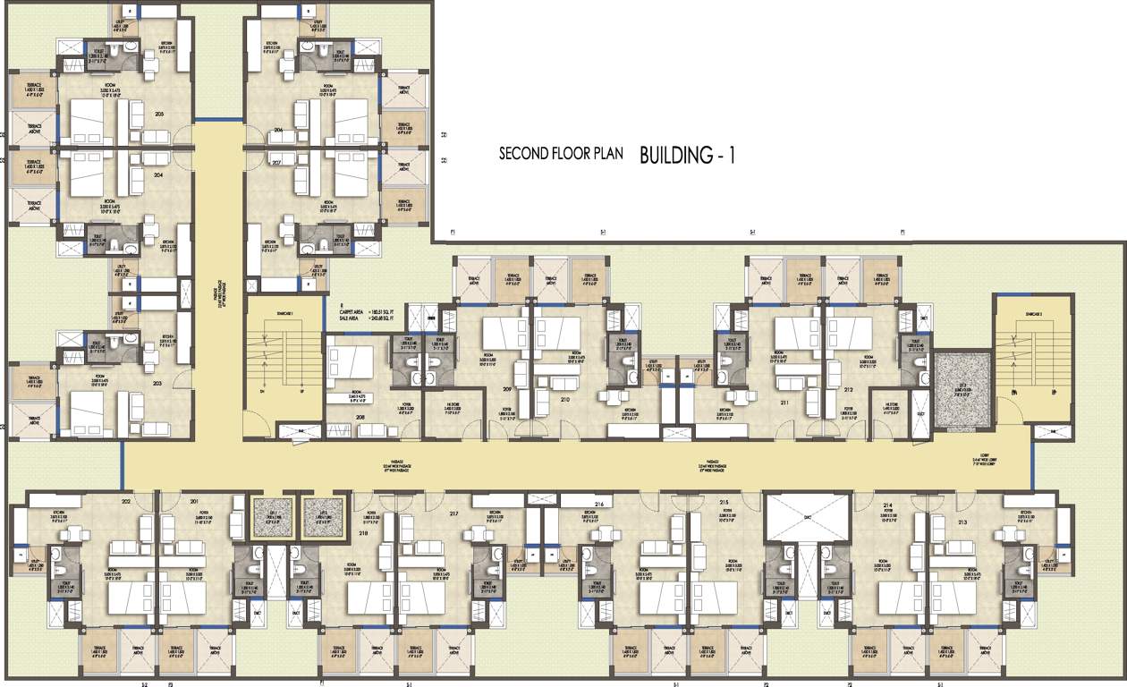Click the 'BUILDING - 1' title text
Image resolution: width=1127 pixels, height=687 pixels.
pos(687,155)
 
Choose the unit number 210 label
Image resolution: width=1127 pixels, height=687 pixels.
pos(564,399)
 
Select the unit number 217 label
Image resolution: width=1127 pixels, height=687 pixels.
pos(454,513)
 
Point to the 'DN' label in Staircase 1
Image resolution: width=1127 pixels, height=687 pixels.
pos(262,393)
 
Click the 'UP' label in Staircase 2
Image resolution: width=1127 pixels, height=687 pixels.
pos(1042,393)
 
